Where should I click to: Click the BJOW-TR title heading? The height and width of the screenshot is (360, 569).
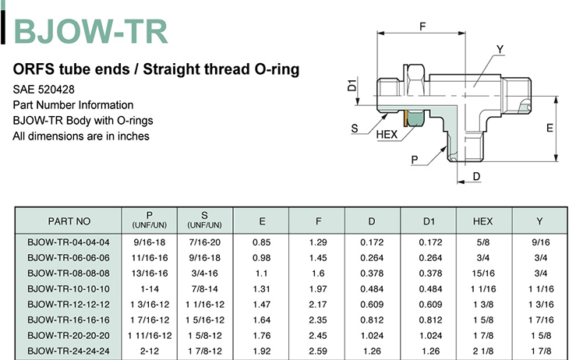[x=90, y=32]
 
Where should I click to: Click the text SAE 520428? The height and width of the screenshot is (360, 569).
[x=44, y=90]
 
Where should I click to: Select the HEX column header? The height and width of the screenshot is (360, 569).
[x=482, y=221]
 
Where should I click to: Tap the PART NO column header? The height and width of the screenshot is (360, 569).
[x=69, y=221]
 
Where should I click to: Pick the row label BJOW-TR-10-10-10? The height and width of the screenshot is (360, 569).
[x=69, y=289]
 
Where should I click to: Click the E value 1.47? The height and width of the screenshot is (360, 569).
[x=262, y=305]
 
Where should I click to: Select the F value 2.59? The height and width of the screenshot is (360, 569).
[x=318, y=351]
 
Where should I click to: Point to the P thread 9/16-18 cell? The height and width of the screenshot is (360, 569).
[x=150, y=242]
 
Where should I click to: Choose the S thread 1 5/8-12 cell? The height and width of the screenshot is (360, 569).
[x=205, y=336]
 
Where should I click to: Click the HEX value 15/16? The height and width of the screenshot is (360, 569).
[x=483, y=274]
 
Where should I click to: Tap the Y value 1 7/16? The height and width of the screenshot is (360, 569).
[x=541, y=320]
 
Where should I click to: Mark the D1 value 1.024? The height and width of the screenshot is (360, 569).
[x=431, y=336]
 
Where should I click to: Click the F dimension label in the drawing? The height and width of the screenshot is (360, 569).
[x=422, y=26]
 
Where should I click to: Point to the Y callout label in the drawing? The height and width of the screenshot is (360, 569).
[x=500, y=49]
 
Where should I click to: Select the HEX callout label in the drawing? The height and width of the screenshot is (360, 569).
[x=387, y=135]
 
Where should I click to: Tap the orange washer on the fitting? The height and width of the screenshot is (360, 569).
[x=405, y=118]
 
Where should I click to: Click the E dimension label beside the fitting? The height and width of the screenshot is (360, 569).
[x=550, y=128]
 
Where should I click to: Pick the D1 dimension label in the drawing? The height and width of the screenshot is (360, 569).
[x=352, y=85]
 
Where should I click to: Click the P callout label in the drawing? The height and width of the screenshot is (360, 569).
[x=415, y=160]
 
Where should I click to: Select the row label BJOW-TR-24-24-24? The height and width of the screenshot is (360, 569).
[x=69, y=351]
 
